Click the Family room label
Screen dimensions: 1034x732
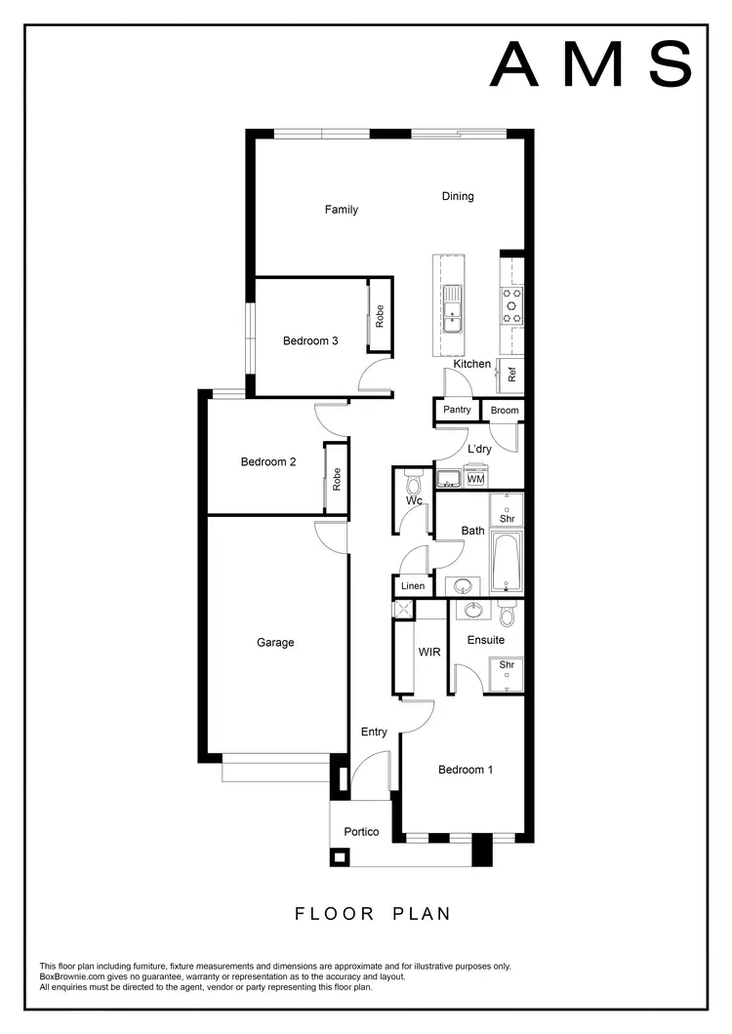point(342,210)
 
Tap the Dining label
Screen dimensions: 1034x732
point(458,196)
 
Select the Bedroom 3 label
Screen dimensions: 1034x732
point(310,341)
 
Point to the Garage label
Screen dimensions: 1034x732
point(275,643)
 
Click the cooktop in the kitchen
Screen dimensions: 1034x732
point(511,304)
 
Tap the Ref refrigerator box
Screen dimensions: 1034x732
point(511,375)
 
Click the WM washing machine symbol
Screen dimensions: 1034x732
point(476,479)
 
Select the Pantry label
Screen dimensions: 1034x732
point(457,410)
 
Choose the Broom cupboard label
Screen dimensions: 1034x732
point(505,411)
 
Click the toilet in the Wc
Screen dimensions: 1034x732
point(412,483)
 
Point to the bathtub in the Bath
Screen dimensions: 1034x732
point(507,563)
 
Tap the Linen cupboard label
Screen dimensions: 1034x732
point(413,586)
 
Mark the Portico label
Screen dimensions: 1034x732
point(361,832)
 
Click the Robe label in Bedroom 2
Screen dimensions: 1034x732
point(337,479)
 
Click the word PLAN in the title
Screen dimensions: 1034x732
point(423,914)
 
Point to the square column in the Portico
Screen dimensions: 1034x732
point(340,857)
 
